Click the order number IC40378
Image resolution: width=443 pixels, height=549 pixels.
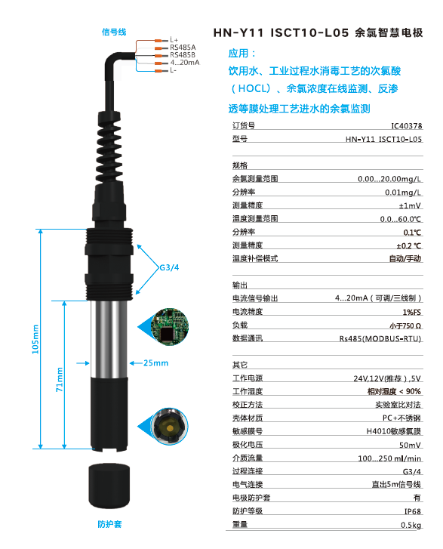[406, 125]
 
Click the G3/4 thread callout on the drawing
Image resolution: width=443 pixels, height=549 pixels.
[168, 267]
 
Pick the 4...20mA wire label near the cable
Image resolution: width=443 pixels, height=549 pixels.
[185, 62]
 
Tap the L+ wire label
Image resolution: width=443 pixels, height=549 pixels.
[174, 40]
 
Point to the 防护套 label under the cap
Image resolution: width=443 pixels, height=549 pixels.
[109, 523]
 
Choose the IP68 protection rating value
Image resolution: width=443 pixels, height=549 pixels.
[411, 510]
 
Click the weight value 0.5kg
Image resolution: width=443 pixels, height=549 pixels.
[411, 525]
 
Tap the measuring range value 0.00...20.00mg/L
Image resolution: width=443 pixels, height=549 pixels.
[389, 178]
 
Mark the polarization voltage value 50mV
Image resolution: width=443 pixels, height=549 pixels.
[411, 445]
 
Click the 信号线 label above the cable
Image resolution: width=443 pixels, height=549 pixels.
[114, 32]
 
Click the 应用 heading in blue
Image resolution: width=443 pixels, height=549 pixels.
[242, 54]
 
